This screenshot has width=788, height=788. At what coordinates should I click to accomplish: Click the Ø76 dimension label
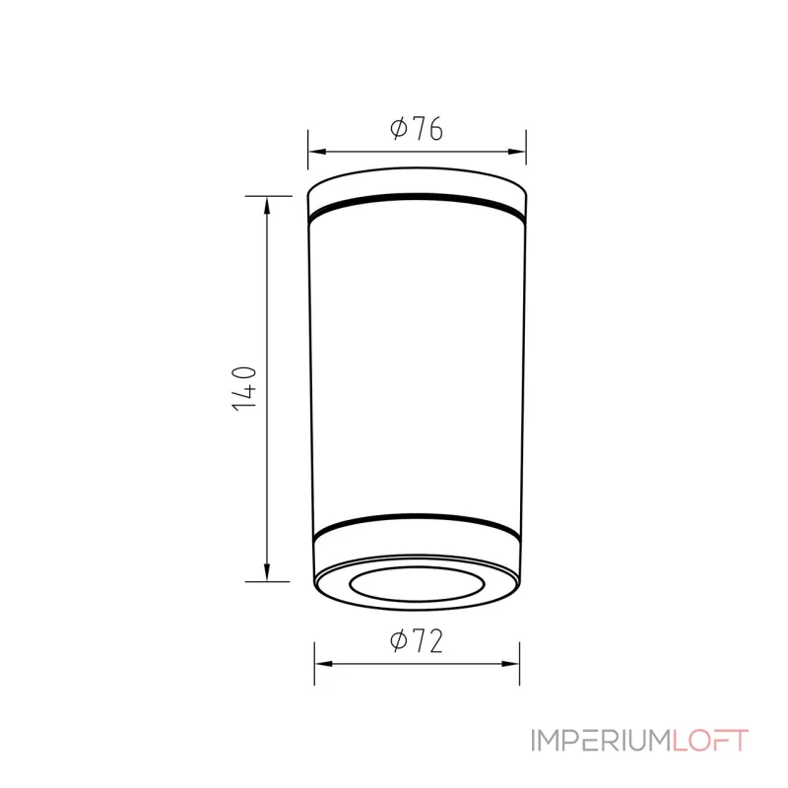point(417,129)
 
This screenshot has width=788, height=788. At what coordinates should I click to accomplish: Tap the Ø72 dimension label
point(417,641)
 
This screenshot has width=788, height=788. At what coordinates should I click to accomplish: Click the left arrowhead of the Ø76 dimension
point(317,152)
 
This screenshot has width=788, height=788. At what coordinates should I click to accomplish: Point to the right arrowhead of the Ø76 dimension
point(516,152)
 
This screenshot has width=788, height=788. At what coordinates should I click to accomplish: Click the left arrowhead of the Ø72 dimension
point(324,664)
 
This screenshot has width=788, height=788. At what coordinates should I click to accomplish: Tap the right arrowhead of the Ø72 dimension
point(510,664)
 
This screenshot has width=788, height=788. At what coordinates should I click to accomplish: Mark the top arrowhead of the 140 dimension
point(267,206)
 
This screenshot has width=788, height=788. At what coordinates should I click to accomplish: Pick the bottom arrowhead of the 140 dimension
point(267,572)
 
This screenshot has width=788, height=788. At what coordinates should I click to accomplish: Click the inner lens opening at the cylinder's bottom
point(417,599)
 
